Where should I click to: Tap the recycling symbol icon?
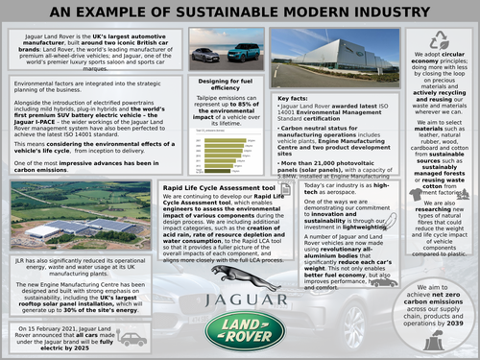440,40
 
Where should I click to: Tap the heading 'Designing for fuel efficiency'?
225,84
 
